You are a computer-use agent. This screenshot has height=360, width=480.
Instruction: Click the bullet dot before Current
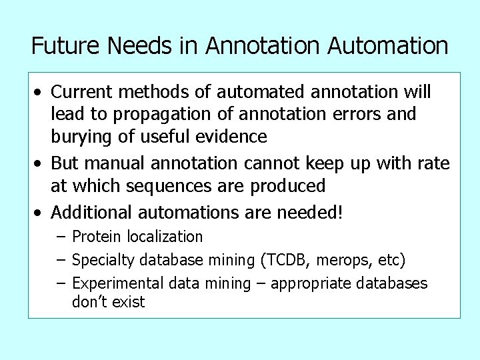click(41, 91)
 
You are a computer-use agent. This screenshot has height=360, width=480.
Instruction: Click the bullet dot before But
click(41, 163)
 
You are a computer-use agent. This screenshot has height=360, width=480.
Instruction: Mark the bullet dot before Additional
click(41, 213)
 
